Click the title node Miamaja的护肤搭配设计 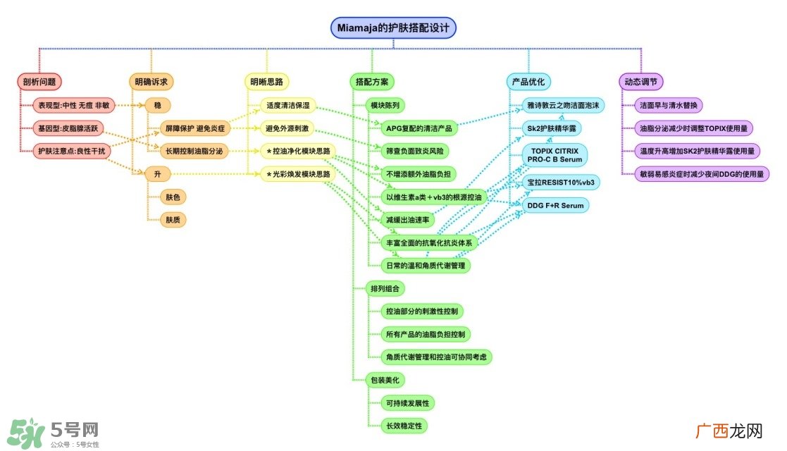click(393, 28)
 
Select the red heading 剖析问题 click(39, 82)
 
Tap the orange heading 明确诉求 click(151, 82)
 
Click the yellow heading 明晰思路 click(266, 82)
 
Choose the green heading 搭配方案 click(372, 82)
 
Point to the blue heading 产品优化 click(528, 82)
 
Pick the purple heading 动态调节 click(641, 82)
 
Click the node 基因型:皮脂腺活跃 click(68, 128)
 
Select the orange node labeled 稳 click(158, 106)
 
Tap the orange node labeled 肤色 click(173, 197)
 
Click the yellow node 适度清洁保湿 click(288, 106)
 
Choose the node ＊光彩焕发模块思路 click(298, 174)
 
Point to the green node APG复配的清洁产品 click(419, 128)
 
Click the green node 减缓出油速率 click(407, 220)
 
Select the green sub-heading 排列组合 click(385, 289)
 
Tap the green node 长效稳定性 click(404, 426)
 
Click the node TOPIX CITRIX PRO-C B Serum click(554, 155)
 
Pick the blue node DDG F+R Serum click(556, 205)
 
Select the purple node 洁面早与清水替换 click(669, 106)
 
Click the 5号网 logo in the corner click(54, 433)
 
